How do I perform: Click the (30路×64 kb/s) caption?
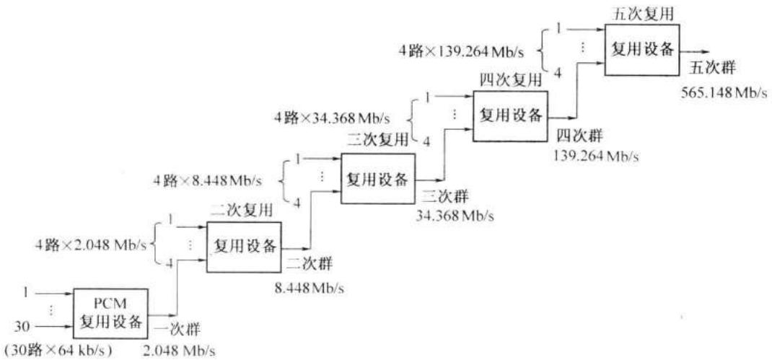coord(58,351)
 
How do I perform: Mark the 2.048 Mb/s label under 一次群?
coord(179,351)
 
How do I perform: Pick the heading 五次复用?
coord(641,13)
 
